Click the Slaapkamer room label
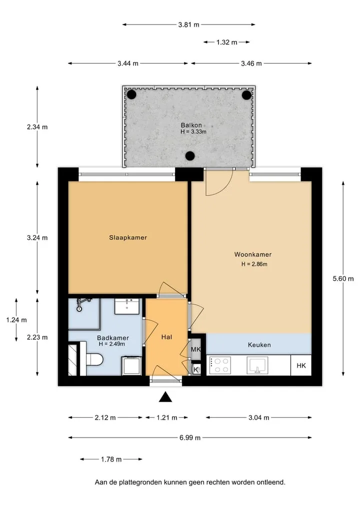tap(128, 237)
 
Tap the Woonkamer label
tap(253, 254)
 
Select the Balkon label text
tap(191, 125)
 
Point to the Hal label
tap(166, 337)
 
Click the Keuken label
tap(259, 345)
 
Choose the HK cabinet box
tap(301, 366)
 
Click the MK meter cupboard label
tap(195, 349)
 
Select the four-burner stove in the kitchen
tap(220, 366)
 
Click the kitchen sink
tap(257, 366)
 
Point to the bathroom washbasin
tap(127, 306)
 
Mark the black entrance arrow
tap(165, 397)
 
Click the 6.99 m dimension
tap(190, 438)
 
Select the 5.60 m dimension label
tap(343, 279)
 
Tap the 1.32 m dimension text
tap(226, 42)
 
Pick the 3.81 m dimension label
tap(189, 24)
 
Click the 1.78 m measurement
tap(111, 460)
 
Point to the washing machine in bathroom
tap(132, 366)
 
